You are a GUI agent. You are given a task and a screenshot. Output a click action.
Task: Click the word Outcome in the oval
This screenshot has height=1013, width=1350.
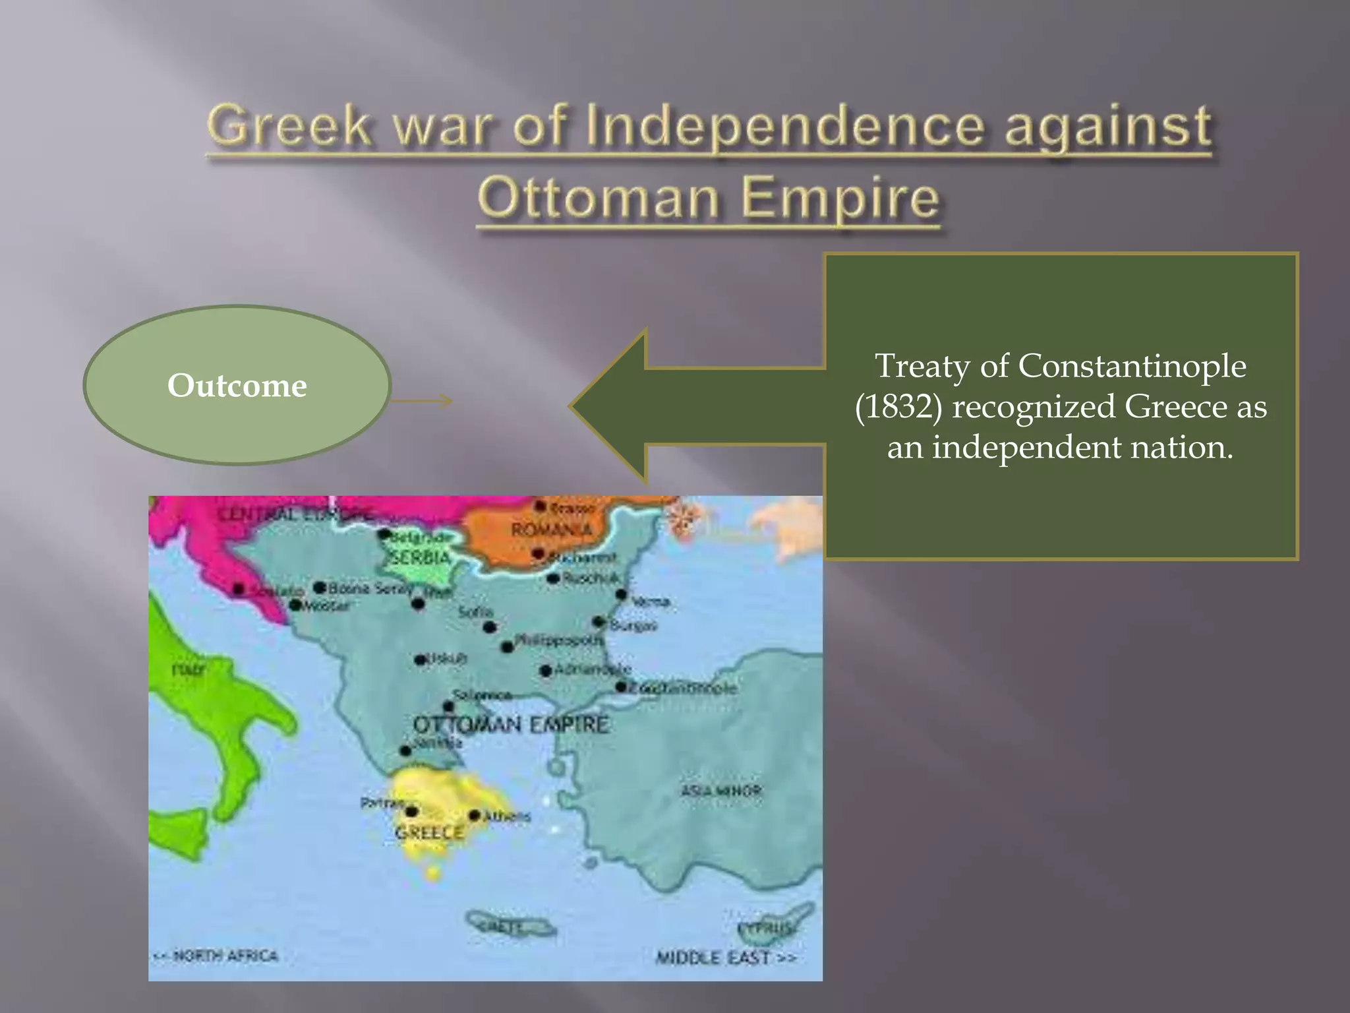tap(237, 385)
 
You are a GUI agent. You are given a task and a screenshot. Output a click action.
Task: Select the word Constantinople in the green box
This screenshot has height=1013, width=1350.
tap(1132, 365)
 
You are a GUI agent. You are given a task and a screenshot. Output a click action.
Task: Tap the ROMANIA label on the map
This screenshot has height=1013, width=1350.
tap(551, 530)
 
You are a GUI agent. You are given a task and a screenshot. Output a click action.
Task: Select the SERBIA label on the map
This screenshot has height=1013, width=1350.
tap(420, 557)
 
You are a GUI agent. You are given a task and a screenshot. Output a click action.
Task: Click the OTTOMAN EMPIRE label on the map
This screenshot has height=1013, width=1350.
tap(510, 725)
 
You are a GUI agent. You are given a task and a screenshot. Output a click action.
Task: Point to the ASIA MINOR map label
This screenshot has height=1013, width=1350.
tap(720, 790)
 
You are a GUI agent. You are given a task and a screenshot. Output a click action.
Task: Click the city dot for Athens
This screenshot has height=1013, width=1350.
tap(474, 816)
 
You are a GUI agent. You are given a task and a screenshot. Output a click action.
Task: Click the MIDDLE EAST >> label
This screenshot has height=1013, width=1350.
tap(726, 957)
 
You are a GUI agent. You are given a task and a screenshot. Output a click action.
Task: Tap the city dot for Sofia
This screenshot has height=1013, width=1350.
tap(489, 627)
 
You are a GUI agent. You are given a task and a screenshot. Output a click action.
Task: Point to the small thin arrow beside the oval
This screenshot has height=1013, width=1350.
tap(422, 400)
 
